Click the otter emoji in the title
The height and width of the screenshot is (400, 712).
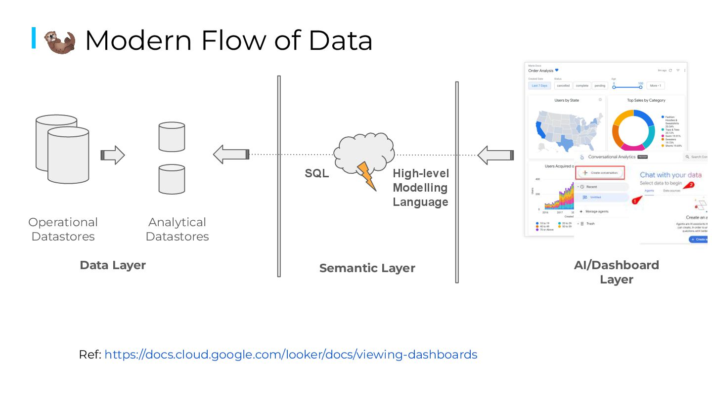point(59,41)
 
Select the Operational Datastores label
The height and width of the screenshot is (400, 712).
point(63,229)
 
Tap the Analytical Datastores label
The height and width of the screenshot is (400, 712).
point(177,229)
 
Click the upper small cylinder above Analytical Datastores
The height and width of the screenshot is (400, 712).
point(172,137)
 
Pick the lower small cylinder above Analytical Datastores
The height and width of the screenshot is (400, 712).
point(172,179)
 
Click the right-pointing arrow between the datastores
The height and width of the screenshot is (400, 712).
point(113,155)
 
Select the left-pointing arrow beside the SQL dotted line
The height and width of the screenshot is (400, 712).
point(231,155)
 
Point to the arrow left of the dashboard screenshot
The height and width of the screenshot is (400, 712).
point(495,155)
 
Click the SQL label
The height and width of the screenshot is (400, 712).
point(316,174)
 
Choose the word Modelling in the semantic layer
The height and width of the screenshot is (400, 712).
point(420,188)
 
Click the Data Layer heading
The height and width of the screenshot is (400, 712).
point(113,265)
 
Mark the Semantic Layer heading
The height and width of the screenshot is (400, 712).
point(367,268)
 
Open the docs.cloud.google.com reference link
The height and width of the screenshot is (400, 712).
point(291,355)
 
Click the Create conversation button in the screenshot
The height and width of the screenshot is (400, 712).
point(601,173)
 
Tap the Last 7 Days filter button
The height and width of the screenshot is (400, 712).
point(539,85)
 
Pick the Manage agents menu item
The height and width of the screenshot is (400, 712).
point(596,211)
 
